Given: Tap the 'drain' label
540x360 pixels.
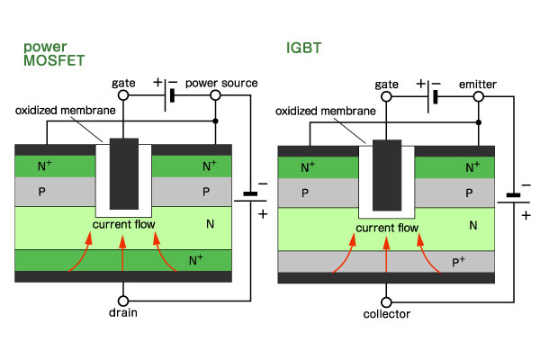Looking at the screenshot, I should click(x=123, y=315).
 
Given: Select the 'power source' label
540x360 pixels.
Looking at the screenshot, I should click(x=221, y=83).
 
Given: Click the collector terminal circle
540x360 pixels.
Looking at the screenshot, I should click(x=386, y=300).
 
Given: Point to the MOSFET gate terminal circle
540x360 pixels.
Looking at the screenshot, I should click(x=124, y=95).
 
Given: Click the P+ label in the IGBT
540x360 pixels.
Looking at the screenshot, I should click(x=458, y=261).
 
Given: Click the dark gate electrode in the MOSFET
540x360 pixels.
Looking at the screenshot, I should click(x=123, y=173).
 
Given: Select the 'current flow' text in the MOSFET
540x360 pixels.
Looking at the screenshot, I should click(x=123, y=223).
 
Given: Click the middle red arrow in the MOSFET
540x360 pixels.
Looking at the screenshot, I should click(x=123, y=252).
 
